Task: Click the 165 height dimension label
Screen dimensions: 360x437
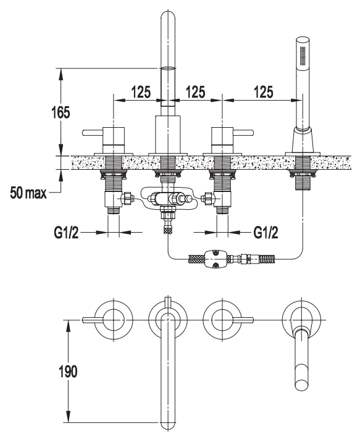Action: (x=61, y=112)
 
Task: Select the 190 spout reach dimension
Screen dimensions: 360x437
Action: (x=68, y=371)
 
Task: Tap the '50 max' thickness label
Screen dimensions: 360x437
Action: (x=28, y=193)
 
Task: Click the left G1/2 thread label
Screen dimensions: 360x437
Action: (x=66, y=232)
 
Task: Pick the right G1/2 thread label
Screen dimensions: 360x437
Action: (x=266, y=232)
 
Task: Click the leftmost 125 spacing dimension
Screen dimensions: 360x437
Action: (x=141, y=92)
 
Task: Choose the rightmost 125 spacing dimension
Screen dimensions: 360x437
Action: (x=263, y=92)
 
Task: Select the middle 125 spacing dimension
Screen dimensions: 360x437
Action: (x=195, y=92)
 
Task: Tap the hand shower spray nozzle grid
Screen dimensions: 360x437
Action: (x=303, y=54)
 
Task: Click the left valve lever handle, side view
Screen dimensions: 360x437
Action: (x=93, y=132)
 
